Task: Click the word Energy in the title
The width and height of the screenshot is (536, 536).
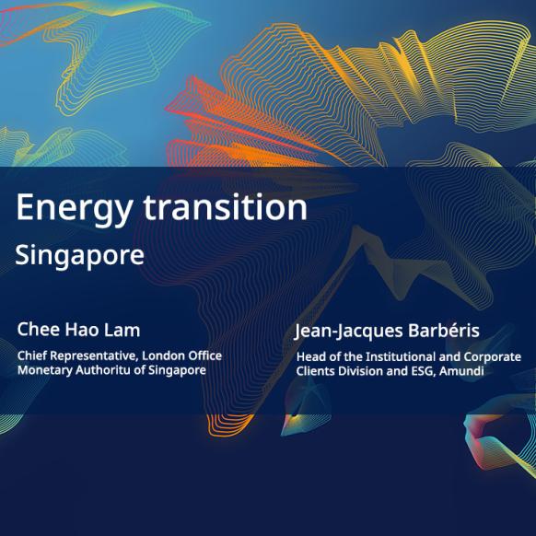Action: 75,208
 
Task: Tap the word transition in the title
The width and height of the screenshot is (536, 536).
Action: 226,206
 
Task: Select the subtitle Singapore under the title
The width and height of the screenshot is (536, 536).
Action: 79,256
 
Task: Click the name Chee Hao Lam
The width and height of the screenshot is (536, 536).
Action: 78,330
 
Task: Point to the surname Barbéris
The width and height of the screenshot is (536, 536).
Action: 444,331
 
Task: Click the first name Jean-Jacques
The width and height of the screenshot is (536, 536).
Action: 348,332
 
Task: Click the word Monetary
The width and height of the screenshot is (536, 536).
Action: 45,370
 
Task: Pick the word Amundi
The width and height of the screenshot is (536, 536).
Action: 461,371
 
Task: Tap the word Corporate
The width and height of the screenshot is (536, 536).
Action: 492,357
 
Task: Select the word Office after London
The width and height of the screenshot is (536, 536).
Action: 205,355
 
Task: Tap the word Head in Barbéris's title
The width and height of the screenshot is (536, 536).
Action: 309,357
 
